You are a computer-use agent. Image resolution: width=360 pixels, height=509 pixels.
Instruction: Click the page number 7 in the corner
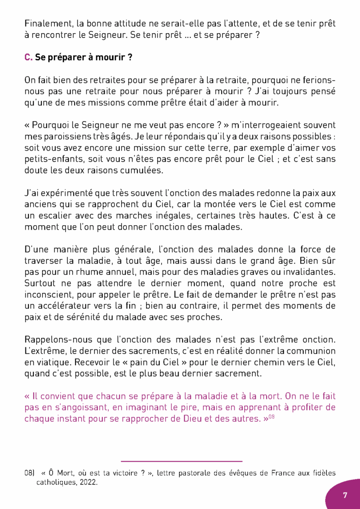(345, 495)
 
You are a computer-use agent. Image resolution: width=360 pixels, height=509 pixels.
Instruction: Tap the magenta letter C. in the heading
(28, 58)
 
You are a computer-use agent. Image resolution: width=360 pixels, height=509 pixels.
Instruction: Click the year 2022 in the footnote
(90, 482)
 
